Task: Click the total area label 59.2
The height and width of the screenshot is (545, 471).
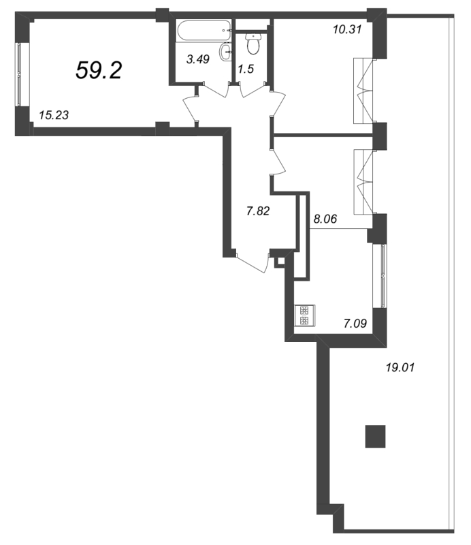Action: pyautogui.click(x=99, y=70)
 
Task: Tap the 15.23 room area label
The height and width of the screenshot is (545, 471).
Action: pyautogui.click(x=54, y=114)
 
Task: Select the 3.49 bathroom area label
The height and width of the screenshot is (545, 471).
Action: pyautogui.click(x=198, y=59)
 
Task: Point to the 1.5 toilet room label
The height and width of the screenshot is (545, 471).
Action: pyautogui.click(x=246, y=69)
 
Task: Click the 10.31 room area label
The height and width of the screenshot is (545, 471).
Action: pyautogui.click(x=347, y=29)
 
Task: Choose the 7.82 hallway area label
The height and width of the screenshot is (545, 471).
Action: pyautogui.click(x=258, y=211)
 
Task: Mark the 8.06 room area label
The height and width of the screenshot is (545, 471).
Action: pyautogui.click(x=325, y=219)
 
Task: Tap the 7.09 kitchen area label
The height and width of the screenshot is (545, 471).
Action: pyautogui.click(x=355, y=324)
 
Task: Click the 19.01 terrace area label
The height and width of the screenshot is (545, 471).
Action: pyautogui.click(x=400, y=367)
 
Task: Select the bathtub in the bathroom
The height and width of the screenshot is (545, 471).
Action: pyautogui.click(x=204, y=31)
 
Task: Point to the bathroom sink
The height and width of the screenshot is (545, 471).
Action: pyautogui.click(x=225, y=52)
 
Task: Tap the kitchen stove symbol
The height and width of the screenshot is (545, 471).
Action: pyautogui.click(x=305, y=315)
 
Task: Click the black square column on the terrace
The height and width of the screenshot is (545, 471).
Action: pyautogui.click(x=375, y=436)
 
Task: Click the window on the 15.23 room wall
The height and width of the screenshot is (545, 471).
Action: pyautogui.click(x=19, y=74)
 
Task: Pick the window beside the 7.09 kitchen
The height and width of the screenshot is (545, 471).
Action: pyautogui.click(x=383, y=276)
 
